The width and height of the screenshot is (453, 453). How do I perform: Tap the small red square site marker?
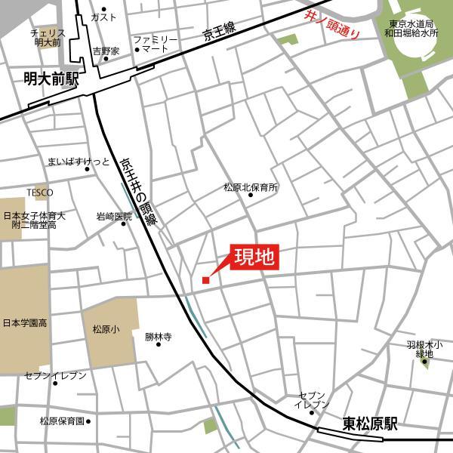tap(205, 281)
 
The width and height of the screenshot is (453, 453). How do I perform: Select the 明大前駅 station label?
tap(51, 79)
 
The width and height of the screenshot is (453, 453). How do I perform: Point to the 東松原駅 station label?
tap(369, 424)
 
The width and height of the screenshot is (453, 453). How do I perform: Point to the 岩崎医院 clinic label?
tap(114, 217)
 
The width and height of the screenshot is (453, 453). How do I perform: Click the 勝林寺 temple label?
tap(159, 337)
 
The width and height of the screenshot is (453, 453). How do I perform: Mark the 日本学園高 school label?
tap(24, 323)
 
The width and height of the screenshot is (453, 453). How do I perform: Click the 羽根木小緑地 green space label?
tap(424, 349)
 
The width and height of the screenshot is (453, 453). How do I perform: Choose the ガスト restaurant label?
tap(103, 17)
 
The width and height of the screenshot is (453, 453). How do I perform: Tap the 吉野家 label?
tap(106, 51)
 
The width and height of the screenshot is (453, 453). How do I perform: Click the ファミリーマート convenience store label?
tap(156, 44)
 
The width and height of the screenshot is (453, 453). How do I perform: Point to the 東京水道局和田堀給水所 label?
tap(410, 29)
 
